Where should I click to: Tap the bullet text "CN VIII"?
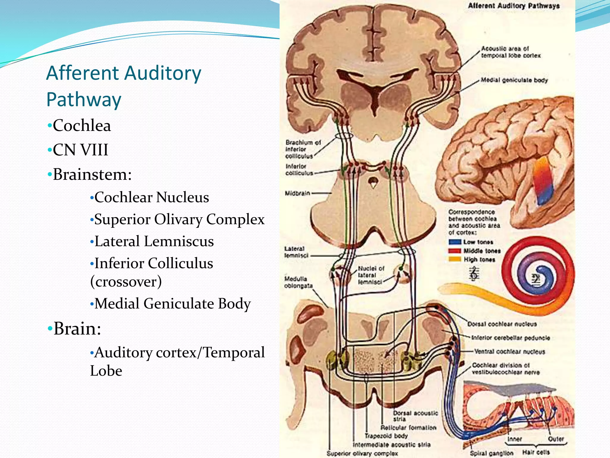[80, 150]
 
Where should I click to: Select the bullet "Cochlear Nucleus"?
[151, 197]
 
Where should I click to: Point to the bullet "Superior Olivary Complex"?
[179, 219]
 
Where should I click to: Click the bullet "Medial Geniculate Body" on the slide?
[172, 304]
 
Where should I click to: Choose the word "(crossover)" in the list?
[126, 281]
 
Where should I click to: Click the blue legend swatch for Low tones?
[455, 242]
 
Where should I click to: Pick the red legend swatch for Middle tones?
[455, 251]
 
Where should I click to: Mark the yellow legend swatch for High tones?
[455, 259]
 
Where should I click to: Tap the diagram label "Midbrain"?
[297, 193]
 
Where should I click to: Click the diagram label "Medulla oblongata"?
[298, 282]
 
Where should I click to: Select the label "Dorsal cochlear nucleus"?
[502, 324]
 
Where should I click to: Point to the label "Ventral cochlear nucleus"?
[509, 352]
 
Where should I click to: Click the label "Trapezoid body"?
[386, 436]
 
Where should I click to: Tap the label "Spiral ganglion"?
[491, 453]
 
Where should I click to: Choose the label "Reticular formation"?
[408, 428]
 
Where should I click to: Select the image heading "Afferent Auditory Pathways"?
[514, 6]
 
